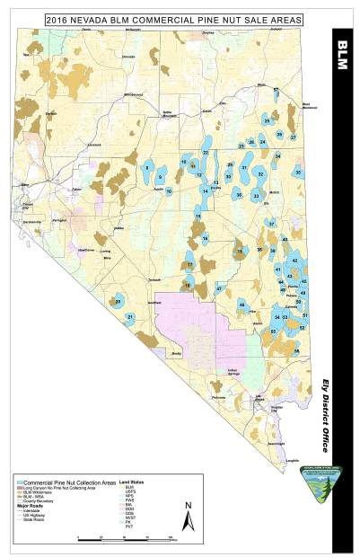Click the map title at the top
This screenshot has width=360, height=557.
coord(167,17)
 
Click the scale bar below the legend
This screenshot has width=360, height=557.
coord(126,538)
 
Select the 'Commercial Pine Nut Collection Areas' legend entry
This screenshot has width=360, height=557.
coord(67,482)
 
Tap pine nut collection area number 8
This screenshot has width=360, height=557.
coord(146,168)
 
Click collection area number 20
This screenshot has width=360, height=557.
coord(119,302)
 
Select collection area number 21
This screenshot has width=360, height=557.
coord(131,317)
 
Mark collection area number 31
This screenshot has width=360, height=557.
coord(243,167)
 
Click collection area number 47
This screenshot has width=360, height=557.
coord(219,289)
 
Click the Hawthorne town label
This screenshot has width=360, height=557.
coord(88,249)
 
